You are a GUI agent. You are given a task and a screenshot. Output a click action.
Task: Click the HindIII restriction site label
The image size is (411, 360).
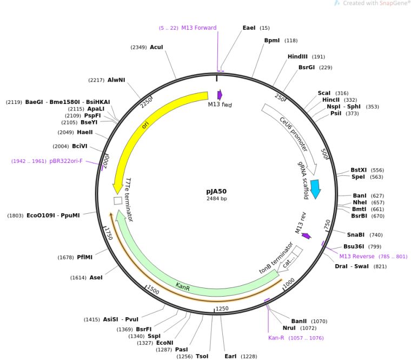coord(297,57)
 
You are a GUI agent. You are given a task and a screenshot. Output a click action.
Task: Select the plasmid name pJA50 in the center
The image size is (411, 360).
coord(216,192)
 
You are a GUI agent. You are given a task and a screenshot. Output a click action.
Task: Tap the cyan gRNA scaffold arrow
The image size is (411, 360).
coord(315,189)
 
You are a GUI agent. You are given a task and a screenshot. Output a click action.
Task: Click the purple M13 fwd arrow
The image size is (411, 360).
coord(220,95)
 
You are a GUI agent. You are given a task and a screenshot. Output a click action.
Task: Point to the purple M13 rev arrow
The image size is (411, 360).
coord(306,235)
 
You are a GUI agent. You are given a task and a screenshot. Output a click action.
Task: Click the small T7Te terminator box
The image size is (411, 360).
coord(118,201)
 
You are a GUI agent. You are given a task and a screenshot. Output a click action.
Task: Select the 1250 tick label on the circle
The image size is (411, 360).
coord(222,309)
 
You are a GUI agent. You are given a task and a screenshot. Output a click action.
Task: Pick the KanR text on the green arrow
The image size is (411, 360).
coord(183,286)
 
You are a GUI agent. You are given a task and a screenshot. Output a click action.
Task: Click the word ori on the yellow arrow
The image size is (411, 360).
coord(145,125)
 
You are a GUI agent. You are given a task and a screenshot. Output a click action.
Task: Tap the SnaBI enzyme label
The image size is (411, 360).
coord(356,235)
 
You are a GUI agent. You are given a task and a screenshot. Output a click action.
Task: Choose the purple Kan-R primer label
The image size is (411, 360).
coord(276,338)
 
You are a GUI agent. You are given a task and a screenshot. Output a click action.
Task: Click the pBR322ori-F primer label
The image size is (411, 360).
coord(66,161)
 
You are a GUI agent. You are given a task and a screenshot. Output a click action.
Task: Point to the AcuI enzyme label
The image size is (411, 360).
coord(156,47)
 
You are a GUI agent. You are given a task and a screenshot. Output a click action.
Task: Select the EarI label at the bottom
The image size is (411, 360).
coord(230,356)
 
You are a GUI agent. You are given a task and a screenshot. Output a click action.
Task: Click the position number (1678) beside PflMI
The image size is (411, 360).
coord(65,257)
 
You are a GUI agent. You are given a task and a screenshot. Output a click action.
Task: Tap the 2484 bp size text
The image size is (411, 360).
coord(216,199)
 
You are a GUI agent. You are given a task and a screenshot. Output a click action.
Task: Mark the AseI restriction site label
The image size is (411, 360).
coord(96,278)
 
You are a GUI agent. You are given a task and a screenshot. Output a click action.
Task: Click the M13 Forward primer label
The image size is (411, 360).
coord(199,28)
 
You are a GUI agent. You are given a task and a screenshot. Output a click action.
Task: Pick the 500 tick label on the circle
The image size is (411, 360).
coord(325,154)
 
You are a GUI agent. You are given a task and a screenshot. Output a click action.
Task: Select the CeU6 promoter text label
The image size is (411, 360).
coord(294,134)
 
